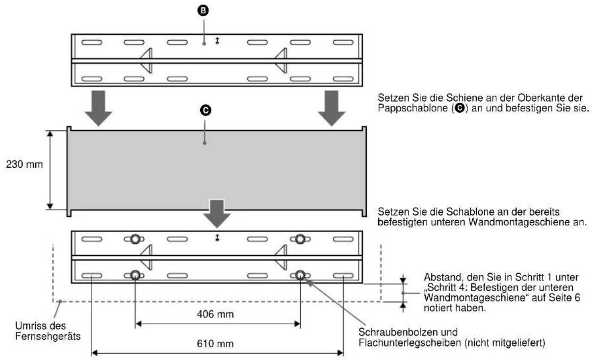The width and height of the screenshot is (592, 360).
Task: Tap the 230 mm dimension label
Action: pyautogui.click(x=24, y=165)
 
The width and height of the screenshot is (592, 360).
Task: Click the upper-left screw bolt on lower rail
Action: pyautogui.click(x=134, y=239)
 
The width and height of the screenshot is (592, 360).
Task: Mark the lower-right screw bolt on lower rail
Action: pyautogui.click(x=300, y=275)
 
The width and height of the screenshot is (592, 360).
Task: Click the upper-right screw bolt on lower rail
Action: pyautogui.click(x=300, y=239)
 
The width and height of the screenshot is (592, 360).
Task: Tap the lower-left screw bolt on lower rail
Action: pyautogui.click(x=134, y=275)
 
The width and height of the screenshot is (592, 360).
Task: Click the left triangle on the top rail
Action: pyautogui.click(x=147, y=61)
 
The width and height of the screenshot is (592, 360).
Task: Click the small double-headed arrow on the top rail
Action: pyautogui.click(x=217, y=42)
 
